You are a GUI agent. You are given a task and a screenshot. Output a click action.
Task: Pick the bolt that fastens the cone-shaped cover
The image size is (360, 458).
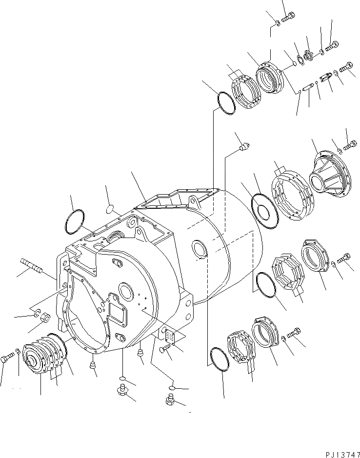coord(350,145)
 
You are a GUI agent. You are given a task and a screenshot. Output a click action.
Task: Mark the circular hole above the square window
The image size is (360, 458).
coord(125,293)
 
